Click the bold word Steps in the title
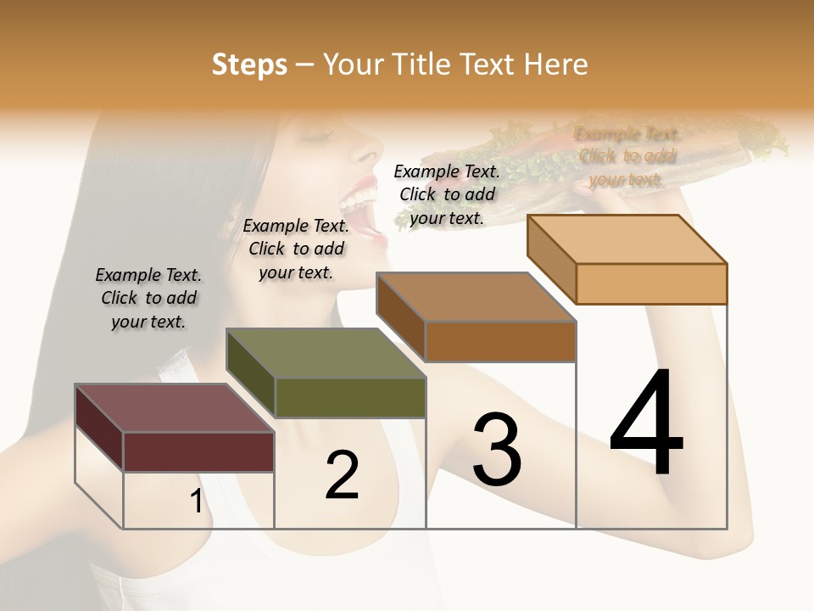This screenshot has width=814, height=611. (x=249, y=64)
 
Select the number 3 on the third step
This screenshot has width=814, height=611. (x=497, y=450)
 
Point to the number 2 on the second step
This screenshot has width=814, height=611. (x=342, y=475)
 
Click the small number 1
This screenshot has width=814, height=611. (x=196, y=502)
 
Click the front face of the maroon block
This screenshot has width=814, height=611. (x=198, y=451)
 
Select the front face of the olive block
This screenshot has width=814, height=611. (x=350, y=397)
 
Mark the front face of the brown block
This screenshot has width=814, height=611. (x=500, y=341)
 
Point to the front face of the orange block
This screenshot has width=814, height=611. (x=651, y=283)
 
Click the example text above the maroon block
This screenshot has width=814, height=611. (x=148, y=298)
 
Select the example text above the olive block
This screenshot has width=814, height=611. (x=296, y=249)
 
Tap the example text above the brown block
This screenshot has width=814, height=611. (x=447, y=194)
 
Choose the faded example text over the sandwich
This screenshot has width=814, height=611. (x=627, y=156)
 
